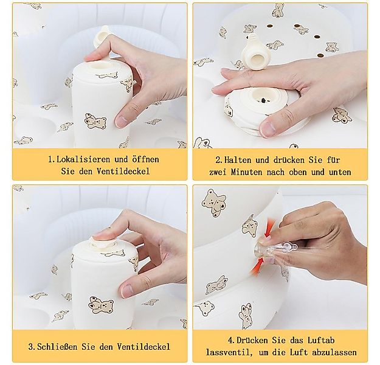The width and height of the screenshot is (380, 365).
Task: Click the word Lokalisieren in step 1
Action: click(80, 159)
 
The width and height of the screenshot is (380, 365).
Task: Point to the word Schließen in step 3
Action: click(63, 347)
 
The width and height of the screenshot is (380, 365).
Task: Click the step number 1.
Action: click(51, 159)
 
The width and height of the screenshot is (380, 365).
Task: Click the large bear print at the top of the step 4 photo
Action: click(214, 203)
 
